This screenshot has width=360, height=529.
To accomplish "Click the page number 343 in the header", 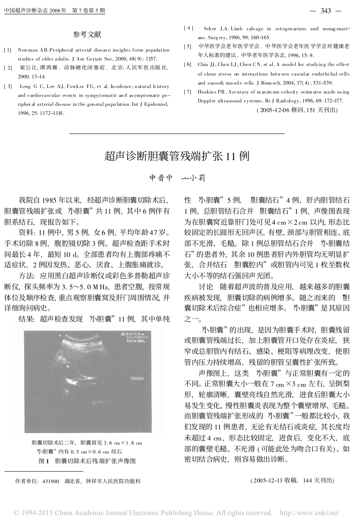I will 326,11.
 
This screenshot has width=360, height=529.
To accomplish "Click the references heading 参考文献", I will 87,35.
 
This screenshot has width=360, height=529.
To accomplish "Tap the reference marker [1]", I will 7,50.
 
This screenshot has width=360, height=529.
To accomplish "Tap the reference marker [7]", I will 188,92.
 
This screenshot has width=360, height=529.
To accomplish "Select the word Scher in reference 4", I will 210,29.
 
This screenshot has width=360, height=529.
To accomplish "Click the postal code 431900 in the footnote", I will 51,481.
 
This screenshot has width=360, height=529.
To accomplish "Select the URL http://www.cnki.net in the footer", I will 308,513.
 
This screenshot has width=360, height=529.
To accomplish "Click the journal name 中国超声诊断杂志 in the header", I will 24,11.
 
